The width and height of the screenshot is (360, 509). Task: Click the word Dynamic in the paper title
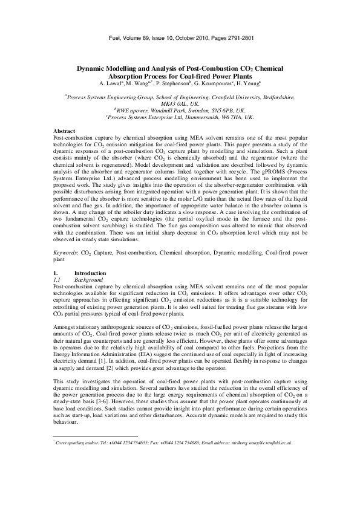(93, 70)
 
